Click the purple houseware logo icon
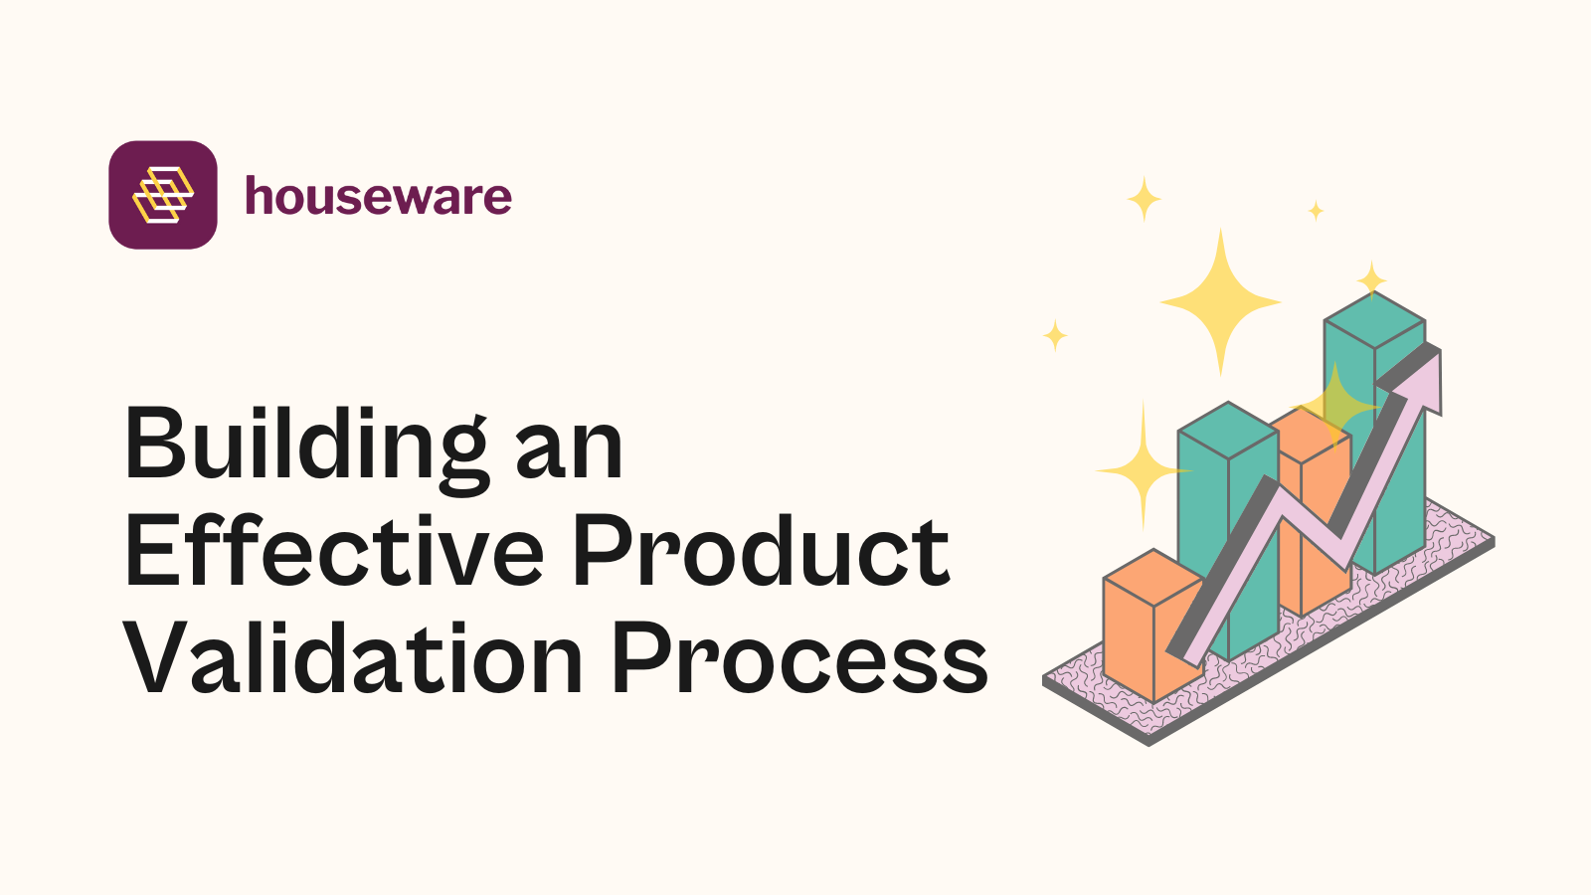point(163,195)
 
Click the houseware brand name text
point(378,196)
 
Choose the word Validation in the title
point(353,658)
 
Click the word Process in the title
point(799,658)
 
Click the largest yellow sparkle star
point(1220,300)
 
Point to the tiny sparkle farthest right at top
point(1316,210)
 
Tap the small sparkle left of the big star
point(1055,335)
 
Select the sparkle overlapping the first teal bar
point(1144,468)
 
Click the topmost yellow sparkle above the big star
point(1144,199)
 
